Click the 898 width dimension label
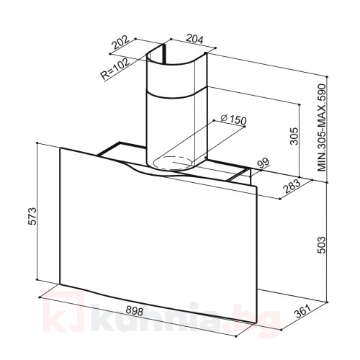[x=135, y=311]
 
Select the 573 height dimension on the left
[x=32, y=216]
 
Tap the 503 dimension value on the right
[x=321, y=245]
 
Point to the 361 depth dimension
[x=303, y=312]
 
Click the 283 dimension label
[x=292, y=186]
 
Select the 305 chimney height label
[x=294, y=136]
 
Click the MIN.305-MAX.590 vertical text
[x=322, y=127]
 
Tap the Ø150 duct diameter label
[x=233, y=120]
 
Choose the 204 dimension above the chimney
[x=195, y=39]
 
